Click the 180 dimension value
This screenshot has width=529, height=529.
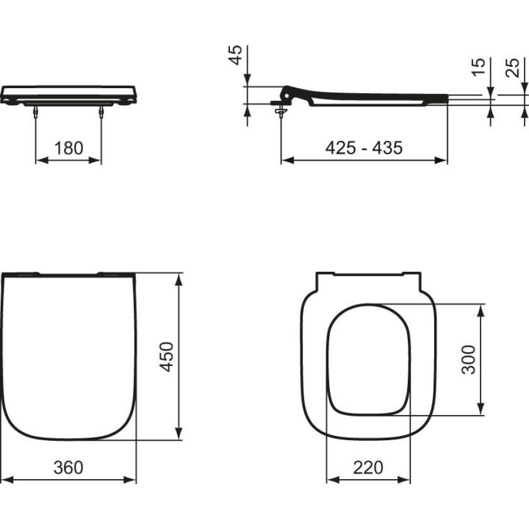pyautogui.click(x=69, y=148)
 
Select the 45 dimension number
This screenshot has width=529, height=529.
pyautogui.click(x=235, y=55)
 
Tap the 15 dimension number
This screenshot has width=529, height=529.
pyautogui.click(x=478, y=68)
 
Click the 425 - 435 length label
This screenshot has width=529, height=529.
pyautogui.click(x=364, y=148)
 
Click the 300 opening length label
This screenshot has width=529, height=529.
pyautogui.click(x=468, y=359)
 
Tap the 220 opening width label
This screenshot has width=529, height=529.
pyautogui.click(x=368, y=467)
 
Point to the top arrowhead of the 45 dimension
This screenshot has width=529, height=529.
pyautogui.click(x=248, y=80)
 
